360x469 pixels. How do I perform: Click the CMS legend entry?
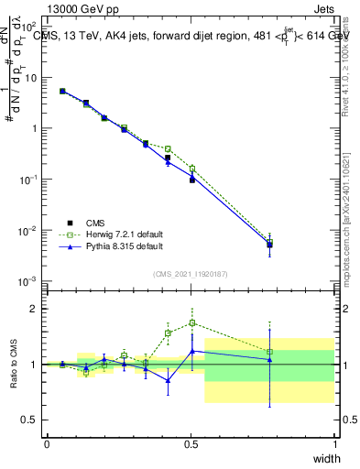point(95,223)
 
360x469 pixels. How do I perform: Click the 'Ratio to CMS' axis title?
point(13,365)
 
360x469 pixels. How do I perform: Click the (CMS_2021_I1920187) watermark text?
point(191,273)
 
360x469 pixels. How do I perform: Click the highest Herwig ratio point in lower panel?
point(192,322)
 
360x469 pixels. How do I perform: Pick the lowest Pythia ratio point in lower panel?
point(168,380)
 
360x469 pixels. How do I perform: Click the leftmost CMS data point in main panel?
point(62,91)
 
